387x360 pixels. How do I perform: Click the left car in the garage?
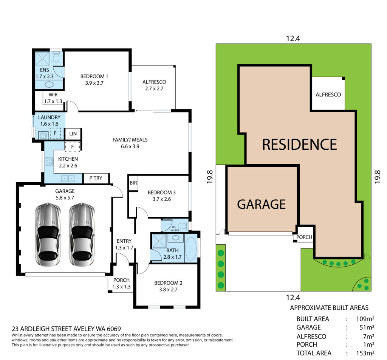click(48, 234)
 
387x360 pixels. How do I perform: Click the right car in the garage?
click(82, 234)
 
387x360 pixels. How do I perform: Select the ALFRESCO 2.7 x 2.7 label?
click(154, 85)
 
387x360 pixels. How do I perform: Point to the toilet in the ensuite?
click(57, 57)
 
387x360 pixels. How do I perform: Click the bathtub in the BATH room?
click(191, 249)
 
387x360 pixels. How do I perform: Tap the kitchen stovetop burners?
click(49, 161)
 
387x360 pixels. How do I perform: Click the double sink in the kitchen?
click(68, 178)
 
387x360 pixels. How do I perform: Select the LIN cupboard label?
click(73, 134)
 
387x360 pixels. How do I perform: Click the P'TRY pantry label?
click(96, 178)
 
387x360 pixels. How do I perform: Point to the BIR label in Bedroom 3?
click(133, 183)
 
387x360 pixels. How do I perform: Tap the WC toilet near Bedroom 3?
click(183, 226)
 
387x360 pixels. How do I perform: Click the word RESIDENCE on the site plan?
click(299, 144)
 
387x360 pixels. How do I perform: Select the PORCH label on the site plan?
click(304, 237)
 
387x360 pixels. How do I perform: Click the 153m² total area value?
click(365, 353)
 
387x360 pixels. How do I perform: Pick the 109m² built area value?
click(365, 319)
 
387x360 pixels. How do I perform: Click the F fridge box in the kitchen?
click(73, 147)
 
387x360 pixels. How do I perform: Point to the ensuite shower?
click(42, 59)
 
